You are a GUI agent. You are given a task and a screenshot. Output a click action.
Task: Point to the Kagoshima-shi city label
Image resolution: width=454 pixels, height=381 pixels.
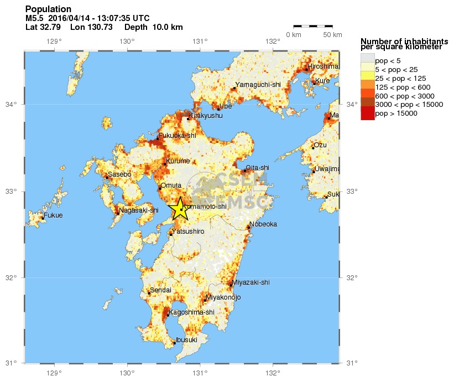[191, 312]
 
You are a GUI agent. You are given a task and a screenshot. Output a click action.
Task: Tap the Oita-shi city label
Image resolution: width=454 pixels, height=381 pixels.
[257, 167]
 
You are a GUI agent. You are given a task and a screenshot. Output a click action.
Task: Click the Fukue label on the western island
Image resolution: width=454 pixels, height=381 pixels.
[54, 215]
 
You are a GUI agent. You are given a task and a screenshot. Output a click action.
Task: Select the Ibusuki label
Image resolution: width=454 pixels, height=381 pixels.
[186, 340]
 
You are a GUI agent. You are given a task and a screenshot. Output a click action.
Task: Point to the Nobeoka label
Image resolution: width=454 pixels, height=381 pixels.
[263, 224]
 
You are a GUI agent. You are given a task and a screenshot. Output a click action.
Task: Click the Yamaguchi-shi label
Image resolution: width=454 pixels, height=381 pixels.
[258, 85]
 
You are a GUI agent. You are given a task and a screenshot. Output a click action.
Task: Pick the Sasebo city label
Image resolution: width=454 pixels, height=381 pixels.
[119, 174]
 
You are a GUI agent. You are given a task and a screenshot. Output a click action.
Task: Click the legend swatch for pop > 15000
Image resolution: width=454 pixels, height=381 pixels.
[367, 114]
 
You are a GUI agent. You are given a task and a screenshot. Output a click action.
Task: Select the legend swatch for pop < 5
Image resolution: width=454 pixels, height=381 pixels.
[367, 58]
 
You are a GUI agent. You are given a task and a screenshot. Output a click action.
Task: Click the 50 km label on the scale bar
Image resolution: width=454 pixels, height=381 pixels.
[332, 35]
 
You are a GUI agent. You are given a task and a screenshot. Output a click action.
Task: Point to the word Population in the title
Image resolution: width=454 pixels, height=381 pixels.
[48, 9]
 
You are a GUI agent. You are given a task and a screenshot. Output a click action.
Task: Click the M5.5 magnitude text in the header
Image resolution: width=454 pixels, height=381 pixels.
[35, 18]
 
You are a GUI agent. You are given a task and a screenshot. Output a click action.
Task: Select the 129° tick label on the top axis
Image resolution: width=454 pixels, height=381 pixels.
[54, 42]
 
